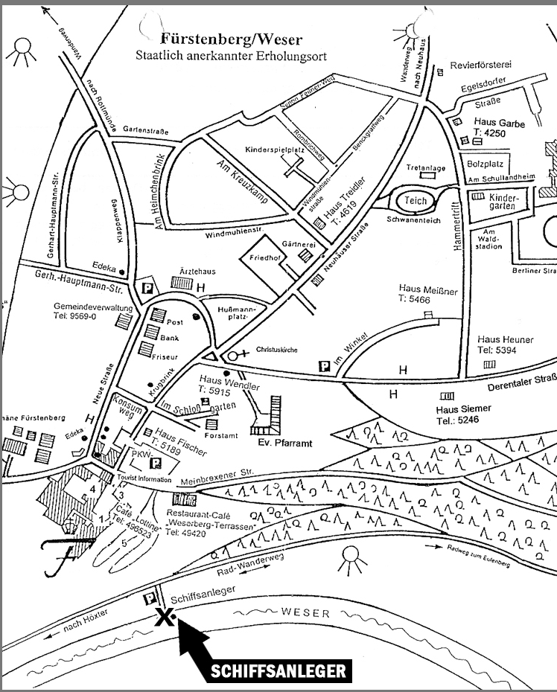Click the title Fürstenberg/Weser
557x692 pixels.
tap(237, 39)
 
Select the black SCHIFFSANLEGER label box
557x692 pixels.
tap(278, 670)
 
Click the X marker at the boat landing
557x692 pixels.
tap(165, 616)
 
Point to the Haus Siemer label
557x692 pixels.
tap(463, 409)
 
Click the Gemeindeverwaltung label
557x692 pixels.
tap(93, 307)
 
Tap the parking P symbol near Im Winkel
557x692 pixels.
tap(324, 365)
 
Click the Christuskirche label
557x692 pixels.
tap(276, 347)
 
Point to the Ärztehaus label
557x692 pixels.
tap(192, 272)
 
